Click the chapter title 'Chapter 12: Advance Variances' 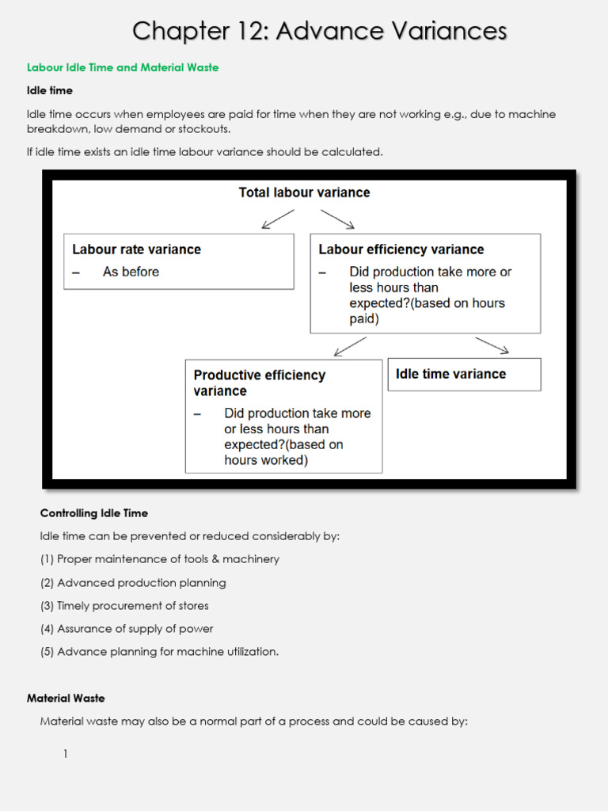(319, 31)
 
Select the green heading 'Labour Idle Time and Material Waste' (123, 68)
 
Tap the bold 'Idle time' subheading (50, 91)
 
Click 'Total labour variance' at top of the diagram (304, 192)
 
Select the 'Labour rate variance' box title (136, 249)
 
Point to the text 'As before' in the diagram (131, 272)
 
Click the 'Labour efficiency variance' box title (401, 249)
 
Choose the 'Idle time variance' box (464, 374)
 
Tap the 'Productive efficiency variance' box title (259, 383)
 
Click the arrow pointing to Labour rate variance (277, 219)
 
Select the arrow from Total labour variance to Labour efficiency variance (337, 219)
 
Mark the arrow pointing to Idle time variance (492, 345)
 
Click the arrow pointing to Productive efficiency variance (350, 346)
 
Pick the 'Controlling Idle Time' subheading (94, 513)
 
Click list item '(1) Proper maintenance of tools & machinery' (160, 559)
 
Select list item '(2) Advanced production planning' (133, 583)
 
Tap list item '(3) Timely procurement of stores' (124, 606)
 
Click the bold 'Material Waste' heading (66, 699)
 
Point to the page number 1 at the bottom (66, 755)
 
